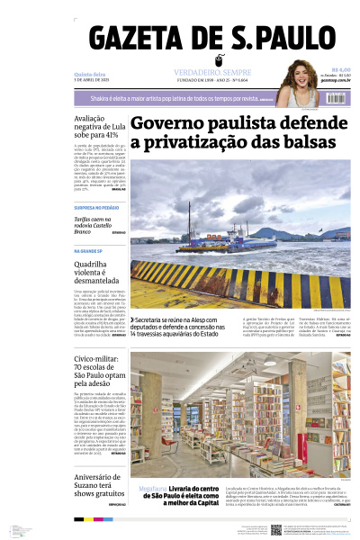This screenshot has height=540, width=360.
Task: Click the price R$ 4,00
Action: (x=340, y=69)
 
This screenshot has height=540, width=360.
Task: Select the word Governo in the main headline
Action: (x=166, y=123)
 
